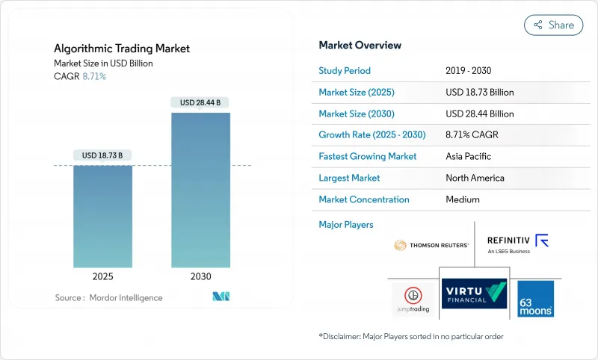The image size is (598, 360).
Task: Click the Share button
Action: pos(553,25)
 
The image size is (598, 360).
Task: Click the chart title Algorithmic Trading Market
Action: pos(122,49)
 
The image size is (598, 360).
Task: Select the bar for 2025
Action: pos(102,217)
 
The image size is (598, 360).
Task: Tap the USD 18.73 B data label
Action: pos(102,155)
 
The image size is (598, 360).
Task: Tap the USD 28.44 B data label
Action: pos(200,102)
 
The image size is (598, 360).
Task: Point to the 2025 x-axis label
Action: pos(102,276)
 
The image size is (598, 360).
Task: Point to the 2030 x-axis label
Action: pos(200,276)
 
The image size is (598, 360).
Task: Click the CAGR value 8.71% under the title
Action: pos(93,76)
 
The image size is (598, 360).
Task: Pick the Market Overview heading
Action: pos(360,46)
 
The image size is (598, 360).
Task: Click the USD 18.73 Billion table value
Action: pos(479,93)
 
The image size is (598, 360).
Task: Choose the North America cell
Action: pos(475,178)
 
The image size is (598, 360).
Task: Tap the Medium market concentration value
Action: pos(463,199)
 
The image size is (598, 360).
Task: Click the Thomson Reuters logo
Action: pos(431,245)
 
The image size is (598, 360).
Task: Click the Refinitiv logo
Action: pos(518,243)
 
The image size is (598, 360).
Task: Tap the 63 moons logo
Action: pos(535,298)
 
